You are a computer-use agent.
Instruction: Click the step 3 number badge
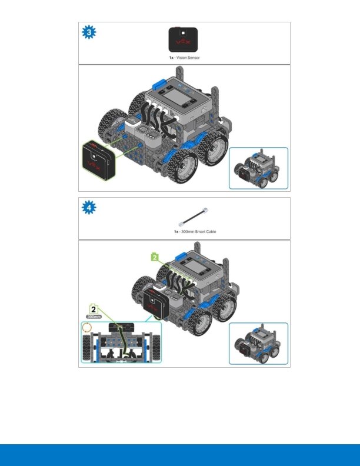89,32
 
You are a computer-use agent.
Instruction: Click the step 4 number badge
89,208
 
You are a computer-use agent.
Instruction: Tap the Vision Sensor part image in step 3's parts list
183,39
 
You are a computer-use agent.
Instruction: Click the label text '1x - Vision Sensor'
185,58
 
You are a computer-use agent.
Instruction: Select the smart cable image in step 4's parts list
193,217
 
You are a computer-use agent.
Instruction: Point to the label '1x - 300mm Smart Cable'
195,231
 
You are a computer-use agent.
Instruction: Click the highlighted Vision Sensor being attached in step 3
98,161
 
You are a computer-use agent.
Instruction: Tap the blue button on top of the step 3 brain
159,83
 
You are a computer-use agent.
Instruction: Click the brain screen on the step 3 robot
176,96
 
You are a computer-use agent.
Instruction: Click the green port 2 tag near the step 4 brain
155,257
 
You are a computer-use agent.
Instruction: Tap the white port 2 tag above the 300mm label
94,309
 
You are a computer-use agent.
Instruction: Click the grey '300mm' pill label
94,317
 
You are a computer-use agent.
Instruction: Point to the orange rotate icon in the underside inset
86,328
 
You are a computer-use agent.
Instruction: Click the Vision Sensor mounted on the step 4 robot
156,305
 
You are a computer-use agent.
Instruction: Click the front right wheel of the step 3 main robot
182,166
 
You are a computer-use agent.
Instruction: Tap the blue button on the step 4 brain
181,257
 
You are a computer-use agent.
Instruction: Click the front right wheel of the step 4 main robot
199,322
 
